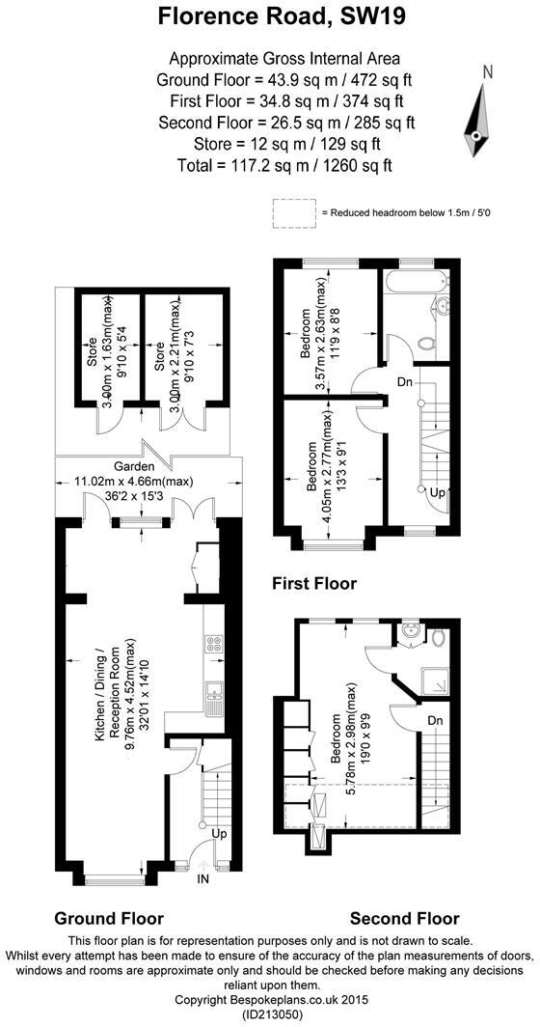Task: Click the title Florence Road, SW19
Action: click(x=269, y=16)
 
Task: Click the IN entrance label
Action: click(x=203, y=879)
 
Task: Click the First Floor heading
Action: click(x=314, y=584)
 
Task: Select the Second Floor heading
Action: click(x=404, y=918)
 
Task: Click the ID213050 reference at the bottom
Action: click(x=269, y=1016)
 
